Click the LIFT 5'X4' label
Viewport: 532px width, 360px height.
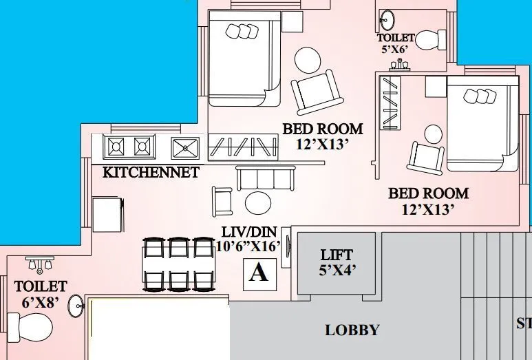point(337,262)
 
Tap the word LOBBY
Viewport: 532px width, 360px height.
point(352,330)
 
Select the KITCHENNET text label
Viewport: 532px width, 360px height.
point(151,172)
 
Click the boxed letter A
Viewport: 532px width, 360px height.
point(258,273)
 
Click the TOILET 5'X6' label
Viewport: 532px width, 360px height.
point(396,43)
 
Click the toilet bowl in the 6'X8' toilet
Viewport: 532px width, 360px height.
point(30,326)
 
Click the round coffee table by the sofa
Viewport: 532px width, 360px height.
point(259,202)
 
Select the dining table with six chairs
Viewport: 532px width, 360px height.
point(178,264)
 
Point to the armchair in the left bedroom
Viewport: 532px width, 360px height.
point(315,93)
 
